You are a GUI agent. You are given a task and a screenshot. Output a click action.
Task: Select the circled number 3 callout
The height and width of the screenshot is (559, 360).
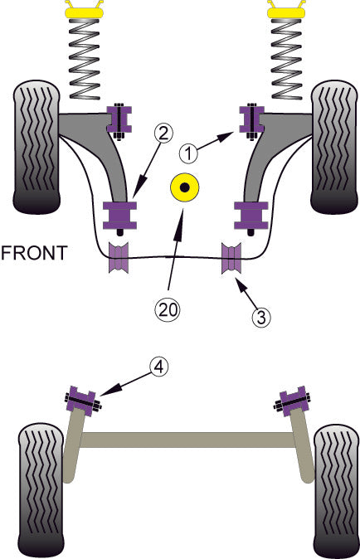pos(260,315)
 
